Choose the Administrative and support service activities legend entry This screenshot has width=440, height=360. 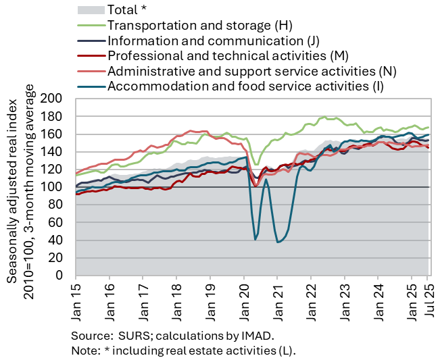click(251, 70)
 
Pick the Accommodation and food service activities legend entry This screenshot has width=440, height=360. click(245, 85)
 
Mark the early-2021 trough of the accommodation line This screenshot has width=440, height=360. click(278, 242)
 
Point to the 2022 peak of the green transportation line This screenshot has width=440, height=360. click(325, 117)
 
